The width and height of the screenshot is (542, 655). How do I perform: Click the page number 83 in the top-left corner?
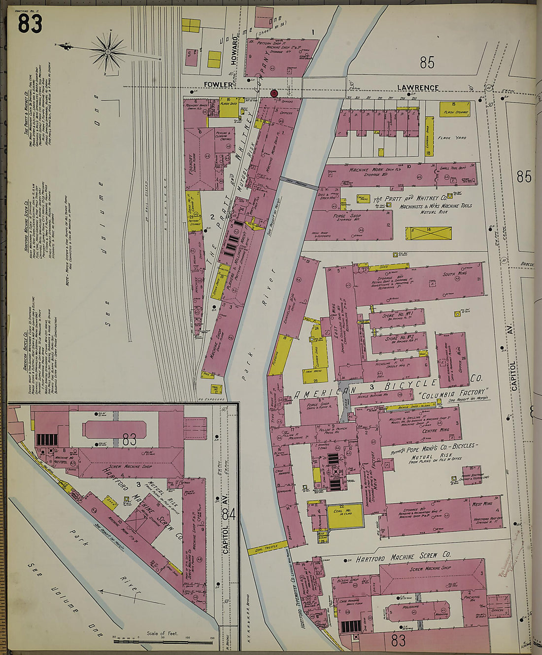click(30, 24)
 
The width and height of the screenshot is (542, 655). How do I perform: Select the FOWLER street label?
click(219, 85)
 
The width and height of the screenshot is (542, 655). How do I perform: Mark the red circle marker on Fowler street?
click(274, 93)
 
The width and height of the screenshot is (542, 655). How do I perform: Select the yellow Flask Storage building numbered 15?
click(454, 109)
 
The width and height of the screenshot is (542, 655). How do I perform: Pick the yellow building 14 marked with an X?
click(428, 233)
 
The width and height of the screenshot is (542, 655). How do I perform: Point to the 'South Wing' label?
click(455, 274)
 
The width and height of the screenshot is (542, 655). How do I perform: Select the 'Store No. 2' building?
click(399, 341)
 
